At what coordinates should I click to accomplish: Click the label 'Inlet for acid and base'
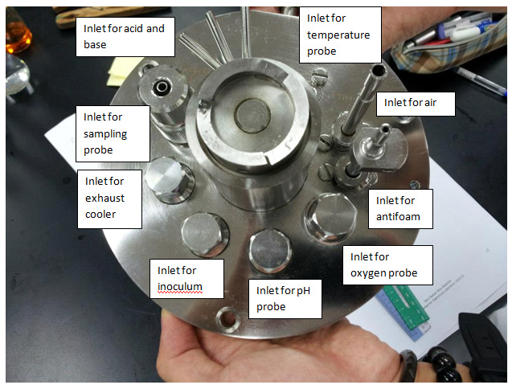click(125, 36)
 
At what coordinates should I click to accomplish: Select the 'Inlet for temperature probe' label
click(341, 34)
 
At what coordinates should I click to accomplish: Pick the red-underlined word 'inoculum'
click(179, 287)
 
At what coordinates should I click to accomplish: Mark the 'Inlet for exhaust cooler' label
click(109, 196)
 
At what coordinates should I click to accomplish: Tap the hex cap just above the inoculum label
click(206, 232)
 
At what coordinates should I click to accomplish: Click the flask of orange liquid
click(14, 36)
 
